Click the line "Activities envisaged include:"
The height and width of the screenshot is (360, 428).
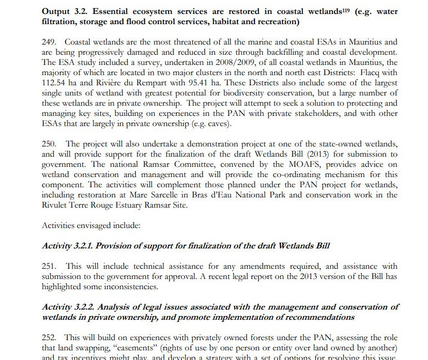click(91, 225)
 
